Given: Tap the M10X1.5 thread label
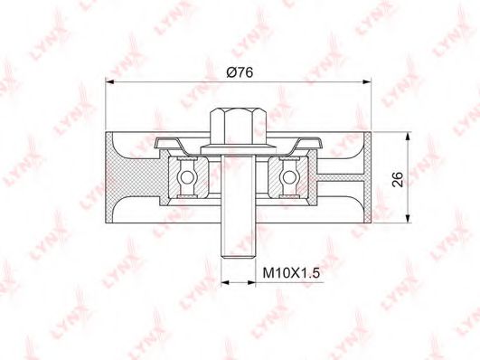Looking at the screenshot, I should [291, 270].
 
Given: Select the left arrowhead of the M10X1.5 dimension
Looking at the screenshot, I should [226, 282].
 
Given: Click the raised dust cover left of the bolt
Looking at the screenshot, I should [177, 142].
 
